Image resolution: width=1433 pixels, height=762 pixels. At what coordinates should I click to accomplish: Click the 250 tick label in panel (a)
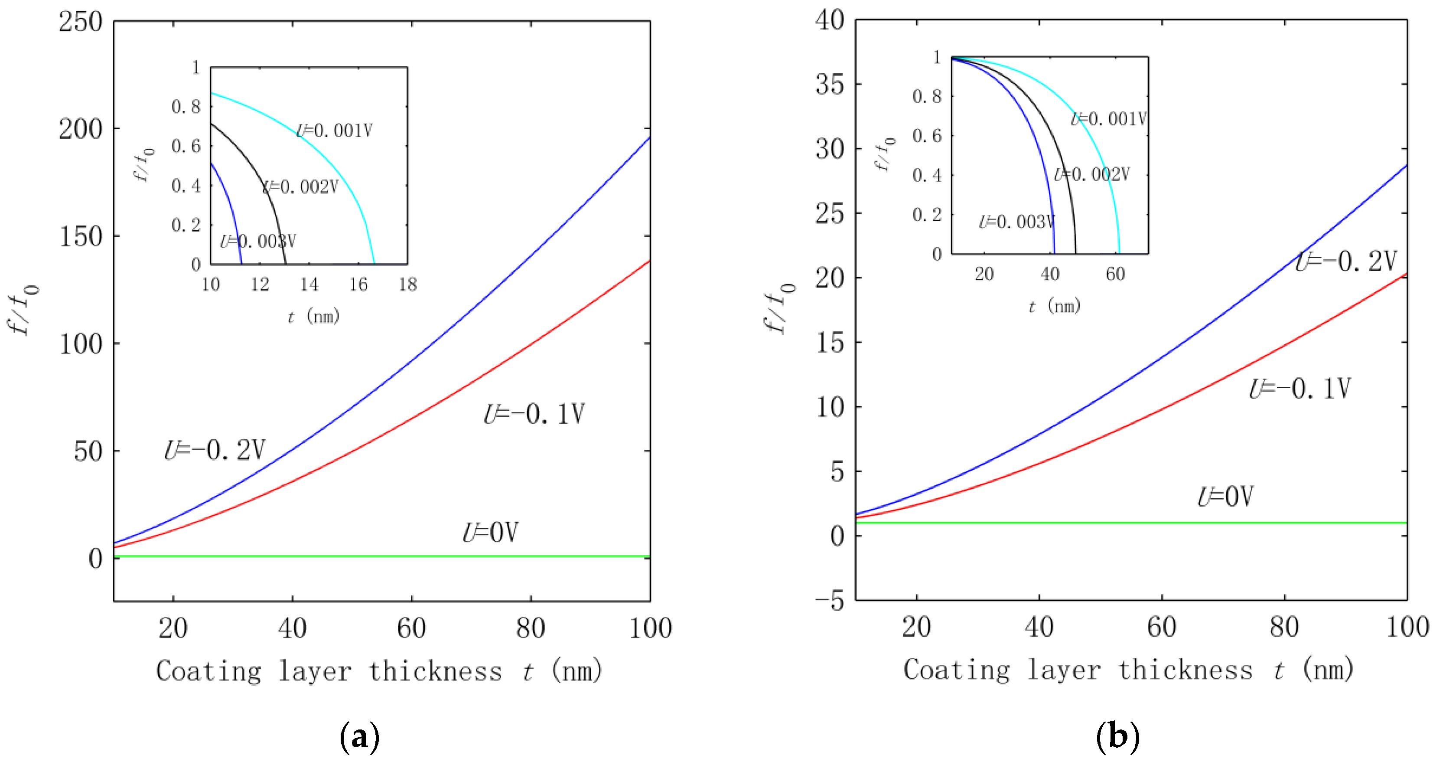pyautogui.click(x=81, y=22)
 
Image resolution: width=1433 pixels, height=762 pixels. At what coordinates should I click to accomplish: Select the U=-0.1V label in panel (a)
pyautogui.click(x=534, y=414)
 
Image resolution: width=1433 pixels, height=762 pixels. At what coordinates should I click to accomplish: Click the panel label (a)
pyautogui.click(x=359, y=737)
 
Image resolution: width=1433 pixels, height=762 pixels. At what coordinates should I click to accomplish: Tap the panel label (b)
pyautogui.click(x=1117, y=737)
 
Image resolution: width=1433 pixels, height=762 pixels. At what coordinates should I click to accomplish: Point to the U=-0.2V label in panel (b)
pyautogui.click(x=1345, y=261)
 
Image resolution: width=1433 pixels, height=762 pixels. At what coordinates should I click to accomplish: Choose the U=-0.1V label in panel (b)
pyautogui.click(x=1299, y=389)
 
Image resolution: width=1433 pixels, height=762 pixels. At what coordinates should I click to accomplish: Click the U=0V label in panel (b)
pyautogui.click(x=1225, y=497)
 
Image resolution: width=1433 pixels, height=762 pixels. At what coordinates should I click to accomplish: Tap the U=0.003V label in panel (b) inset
pyautogui.click(x=1016, y=222)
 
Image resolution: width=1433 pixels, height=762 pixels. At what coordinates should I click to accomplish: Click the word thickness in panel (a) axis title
pyautogui.click(x=435, y=671)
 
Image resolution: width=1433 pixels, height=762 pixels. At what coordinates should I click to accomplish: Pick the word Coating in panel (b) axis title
pyautogui.click(x=956, y=670)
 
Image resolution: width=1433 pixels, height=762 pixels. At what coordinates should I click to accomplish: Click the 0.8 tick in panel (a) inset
pyautogui.click(x=186, y=107)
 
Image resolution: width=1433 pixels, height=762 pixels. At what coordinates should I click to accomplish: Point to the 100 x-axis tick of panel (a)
pyautogui.click(x=650, y=628)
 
